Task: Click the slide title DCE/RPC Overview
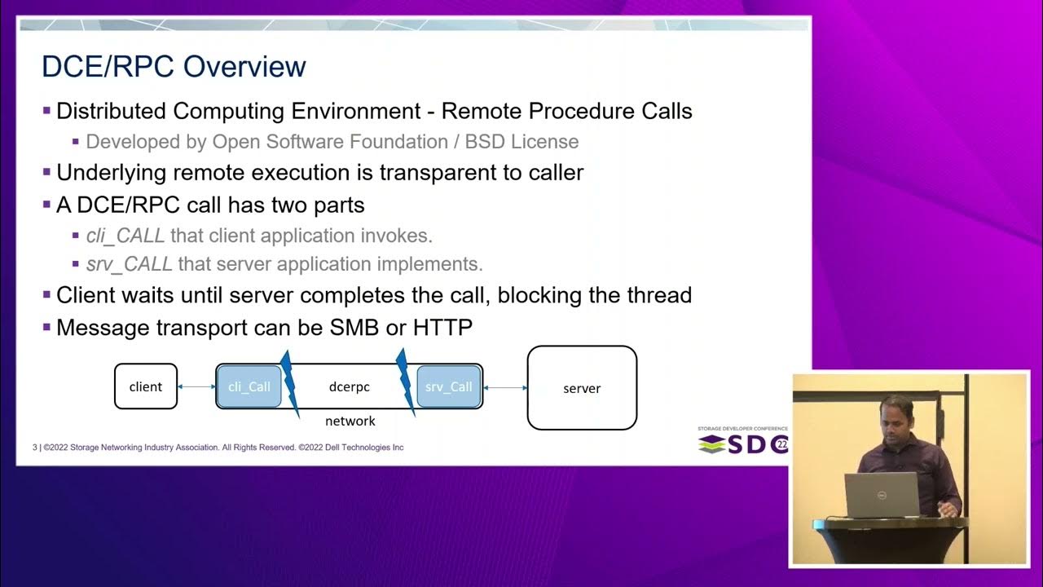[x=174, y=67]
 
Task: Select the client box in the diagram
[x=146, y=386]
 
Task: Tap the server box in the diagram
[x=582, y=388]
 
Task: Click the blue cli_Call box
[x=249, y=386]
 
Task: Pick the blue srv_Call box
[x=448, y=386]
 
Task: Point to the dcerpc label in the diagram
[x=349, y=386]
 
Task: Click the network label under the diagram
[x=350, y=421]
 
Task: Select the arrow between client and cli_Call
[x=196, y=386]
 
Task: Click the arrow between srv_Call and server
[x=505, y=387]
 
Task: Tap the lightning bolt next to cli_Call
[x=288, y=383]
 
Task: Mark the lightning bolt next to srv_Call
[x=405, y=382]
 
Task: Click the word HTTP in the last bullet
[x=442, y=328]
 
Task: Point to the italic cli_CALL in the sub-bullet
[x=125, y=236]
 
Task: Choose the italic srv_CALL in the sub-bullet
[x=129, y=264]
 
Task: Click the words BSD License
[x=521, y=142]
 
